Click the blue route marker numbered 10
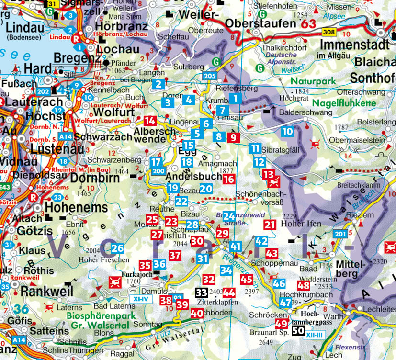point(287,131)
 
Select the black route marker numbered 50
point(298,331)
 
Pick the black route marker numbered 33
point(202,292)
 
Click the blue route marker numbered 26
point(118,248)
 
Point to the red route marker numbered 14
point(150,121)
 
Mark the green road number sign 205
point(209,76)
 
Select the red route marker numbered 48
point(304,286)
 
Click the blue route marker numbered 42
point(261,241)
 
